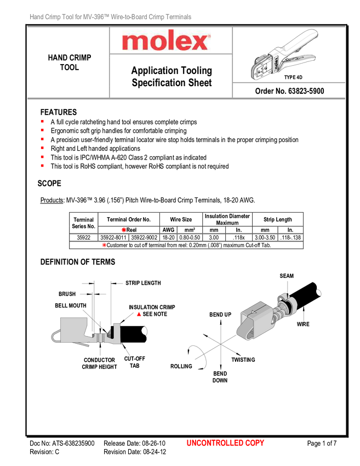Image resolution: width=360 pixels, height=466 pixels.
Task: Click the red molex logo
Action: point(166,41)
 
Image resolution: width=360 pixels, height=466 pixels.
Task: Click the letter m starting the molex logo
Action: point(134,42)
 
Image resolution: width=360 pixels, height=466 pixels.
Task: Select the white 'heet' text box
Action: point(203,83)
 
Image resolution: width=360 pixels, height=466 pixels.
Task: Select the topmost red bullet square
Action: point(42,121)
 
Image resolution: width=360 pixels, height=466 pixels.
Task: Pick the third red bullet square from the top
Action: point(42,139)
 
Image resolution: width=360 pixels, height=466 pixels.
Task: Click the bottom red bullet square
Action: point(42,166)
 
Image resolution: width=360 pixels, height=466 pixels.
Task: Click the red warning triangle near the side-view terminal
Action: point(139,314)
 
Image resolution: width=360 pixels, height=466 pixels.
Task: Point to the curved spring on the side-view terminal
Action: point(55,336)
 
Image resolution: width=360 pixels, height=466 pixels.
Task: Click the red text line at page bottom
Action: point(225,443)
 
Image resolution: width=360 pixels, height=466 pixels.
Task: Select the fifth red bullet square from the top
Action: point(42,157)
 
